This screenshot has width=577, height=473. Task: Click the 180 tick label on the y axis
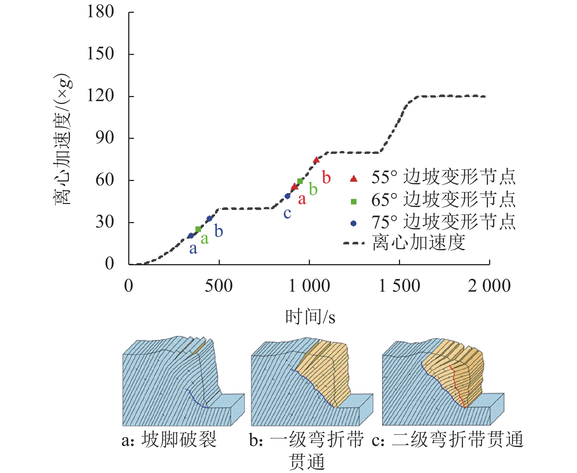click(100, 12)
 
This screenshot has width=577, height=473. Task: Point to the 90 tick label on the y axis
click(104, 138)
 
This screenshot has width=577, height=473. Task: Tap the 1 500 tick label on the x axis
click(399, 286)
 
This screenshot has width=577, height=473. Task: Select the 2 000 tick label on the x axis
click(489, 286)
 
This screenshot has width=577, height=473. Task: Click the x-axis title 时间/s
click(310, 317)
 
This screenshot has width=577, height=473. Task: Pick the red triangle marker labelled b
click(317, 160)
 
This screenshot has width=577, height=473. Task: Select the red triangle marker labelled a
click(295, 187)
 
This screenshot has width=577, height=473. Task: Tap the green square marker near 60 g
click(300, 181)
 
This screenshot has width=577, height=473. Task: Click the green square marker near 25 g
click(198, 229)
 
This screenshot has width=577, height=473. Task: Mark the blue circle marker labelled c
click(288, 196)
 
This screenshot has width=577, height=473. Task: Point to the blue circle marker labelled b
click(210, 219)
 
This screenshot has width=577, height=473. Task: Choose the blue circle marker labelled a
click(191, 236)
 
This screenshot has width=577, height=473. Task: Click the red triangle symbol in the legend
click(354, 179)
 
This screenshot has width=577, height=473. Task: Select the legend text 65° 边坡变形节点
click(443, 200)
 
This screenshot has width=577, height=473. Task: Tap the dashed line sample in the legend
click(354, 243)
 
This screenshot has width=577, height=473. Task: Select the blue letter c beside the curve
click(287, 214)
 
